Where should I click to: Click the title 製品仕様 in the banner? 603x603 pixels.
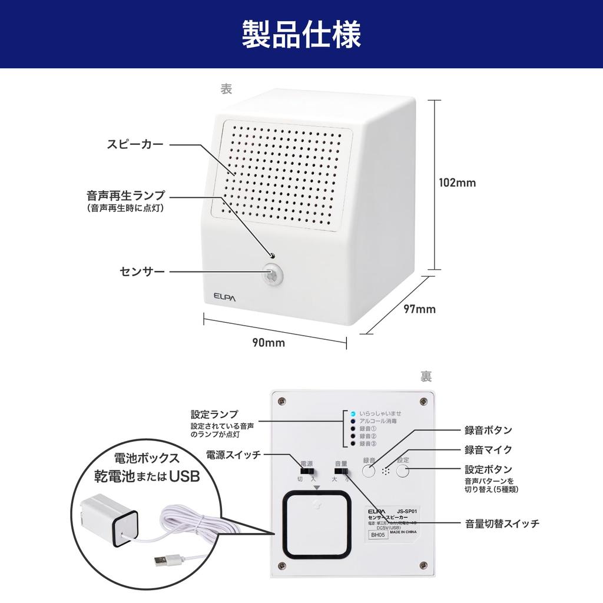[x=301, y=35]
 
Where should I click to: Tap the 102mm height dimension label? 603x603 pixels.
[x=458, y=183]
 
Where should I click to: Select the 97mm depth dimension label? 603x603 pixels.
[x=419, y=309]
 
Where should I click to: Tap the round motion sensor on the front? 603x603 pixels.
[x=272, y=274]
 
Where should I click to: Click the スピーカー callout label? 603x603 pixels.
[x=135, y=144]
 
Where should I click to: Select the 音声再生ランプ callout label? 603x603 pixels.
[x=125, y=195]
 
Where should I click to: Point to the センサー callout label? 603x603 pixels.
[x=142, y=271]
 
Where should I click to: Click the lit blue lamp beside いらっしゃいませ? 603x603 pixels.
[x=352, y=413]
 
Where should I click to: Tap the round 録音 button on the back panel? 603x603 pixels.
[x=369, y=471]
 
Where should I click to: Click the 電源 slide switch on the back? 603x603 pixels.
[x=307, y=471]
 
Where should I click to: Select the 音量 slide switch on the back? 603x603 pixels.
[x=341, y=471]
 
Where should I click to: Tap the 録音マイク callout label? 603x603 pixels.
[x=488, y=450]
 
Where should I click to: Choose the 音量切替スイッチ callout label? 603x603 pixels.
[x=502, y=523]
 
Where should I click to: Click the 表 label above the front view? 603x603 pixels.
[x=226, y=89]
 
